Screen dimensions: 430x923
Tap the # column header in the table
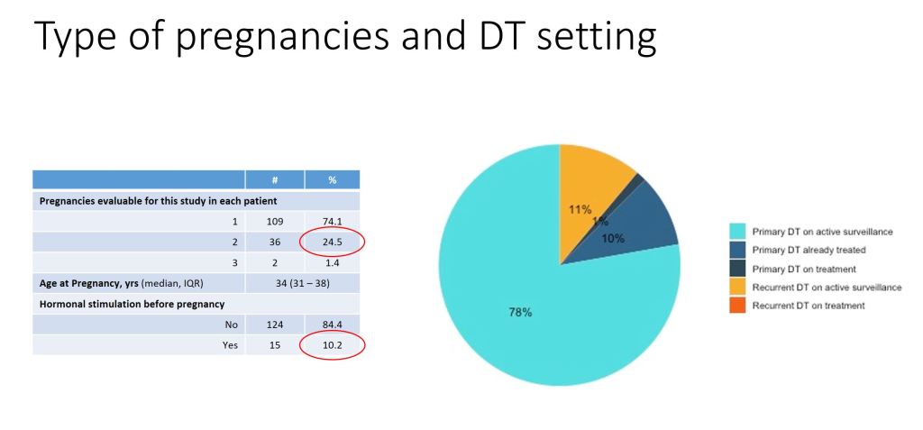[274, 180]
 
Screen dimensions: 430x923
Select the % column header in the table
[332, 180]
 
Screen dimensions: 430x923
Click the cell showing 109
[274, 220]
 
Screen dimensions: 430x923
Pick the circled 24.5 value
[332, 242]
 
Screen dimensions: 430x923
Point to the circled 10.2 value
[332, 345]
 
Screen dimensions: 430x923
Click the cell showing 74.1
[332, 220]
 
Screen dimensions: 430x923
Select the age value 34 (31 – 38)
[302, 283]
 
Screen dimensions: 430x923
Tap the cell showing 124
[274, 325]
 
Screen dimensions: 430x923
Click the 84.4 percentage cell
[332, 325]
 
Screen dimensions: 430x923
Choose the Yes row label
[230, 345]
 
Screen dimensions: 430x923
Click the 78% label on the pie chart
[520, 313]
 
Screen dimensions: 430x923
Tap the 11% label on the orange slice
[580, 209]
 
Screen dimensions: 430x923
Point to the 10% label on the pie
[613, 238]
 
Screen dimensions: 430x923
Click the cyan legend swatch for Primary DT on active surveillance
[737, 232]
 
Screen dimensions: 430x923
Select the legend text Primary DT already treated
[809, 250]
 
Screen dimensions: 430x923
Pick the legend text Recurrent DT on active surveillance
[827, 288]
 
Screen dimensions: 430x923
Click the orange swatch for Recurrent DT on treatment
[737, 306]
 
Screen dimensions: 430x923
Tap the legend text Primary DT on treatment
[803, 269]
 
